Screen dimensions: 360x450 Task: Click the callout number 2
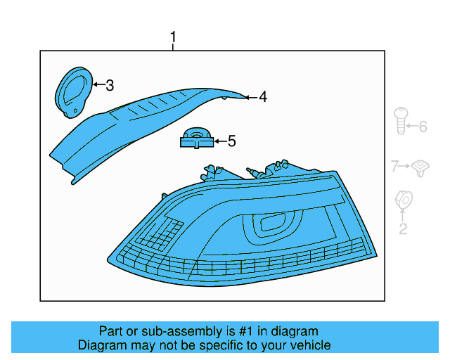(403, 229)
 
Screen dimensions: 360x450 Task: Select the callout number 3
(109, 86)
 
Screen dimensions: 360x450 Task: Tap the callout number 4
(262, 97)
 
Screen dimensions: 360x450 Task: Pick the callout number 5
(231, 141)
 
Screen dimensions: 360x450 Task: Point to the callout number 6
(423, 127)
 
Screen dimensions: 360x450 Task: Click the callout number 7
(394, 166)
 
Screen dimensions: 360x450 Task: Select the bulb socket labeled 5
(196, 139)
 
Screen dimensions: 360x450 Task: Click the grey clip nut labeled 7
(421, 167)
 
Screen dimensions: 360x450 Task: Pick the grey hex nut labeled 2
(404, 200)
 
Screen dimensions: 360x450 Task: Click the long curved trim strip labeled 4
(134, 127)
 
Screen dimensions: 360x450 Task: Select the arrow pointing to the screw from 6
(413, 127)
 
